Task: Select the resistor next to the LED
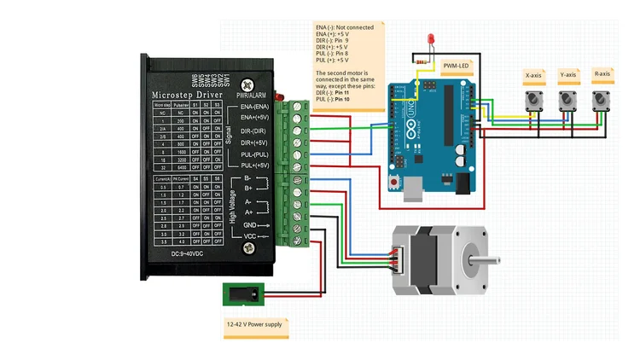pos(422,61)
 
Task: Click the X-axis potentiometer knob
pos(533,102)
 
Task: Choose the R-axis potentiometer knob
pos(602,102)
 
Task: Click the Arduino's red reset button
pos(393,183)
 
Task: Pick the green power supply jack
pos(243,294)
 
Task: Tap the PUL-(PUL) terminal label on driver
pos(255,154)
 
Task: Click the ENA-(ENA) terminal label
pos(255,105)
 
